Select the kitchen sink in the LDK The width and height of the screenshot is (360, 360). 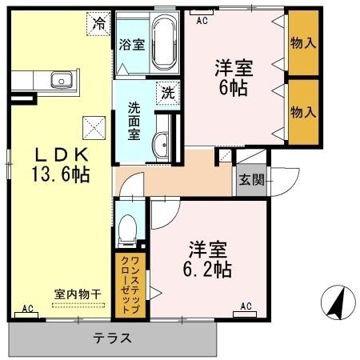pyautogui.click(x=59, y=80)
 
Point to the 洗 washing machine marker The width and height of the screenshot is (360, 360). pyautogui.click(x=167, y=92)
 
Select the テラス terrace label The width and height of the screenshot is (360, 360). pyautogui.click(x=113, y=338)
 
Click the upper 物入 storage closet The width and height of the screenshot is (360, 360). pyautogui.click(x=302, y=42)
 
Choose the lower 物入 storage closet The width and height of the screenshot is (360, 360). pyautogui.click(x=302, y=113)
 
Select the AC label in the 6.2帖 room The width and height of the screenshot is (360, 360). pyautogui.click(x=246, y=306)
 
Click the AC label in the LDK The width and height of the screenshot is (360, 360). pyautogui.click(x=27, y=308)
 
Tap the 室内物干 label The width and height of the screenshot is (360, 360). pyautogui.click(x=78, y=294)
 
